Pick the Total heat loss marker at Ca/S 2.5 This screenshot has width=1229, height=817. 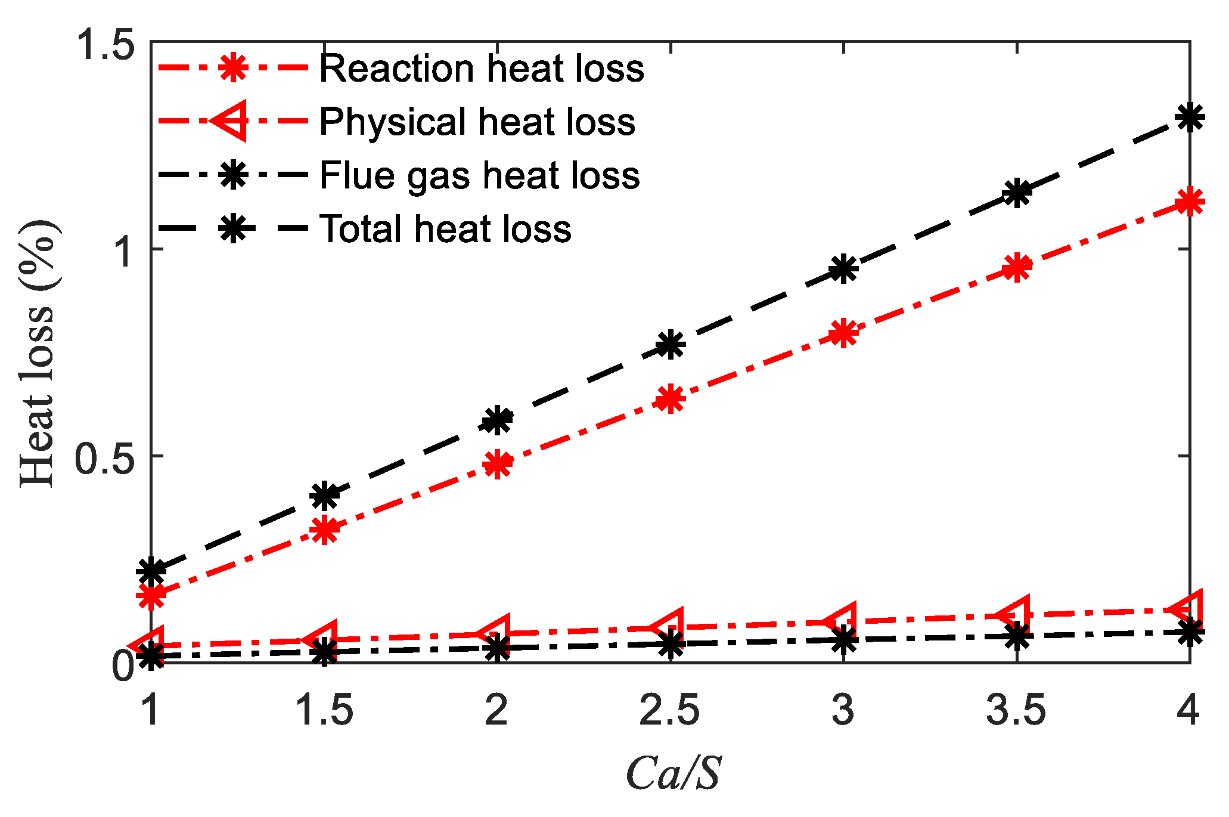(x=671, y=344)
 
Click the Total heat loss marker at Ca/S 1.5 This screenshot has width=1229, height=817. (x=325, y=495)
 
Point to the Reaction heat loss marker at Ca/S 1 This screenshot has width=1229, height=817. (x=151, y=595)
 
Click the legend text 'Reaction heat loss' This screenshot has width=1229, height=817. (x=482, y=68)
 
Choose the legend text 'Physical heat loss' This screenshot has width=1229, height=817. (x=477, y=122)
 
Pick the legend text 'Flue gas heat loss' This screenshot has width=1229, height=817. (x=479, y=175)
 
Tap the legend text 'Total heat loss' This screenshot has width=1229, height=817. (x=445, y=228)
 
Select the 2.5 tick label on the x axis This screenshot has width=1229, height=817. (x=669, y=711)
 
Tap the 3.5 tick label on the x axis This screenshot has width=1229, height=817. (x=1016, y=711)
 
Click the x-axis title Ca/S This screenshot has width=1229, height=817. (x=674, y=773)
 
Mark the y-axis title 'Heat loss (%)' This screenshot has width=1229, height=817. (x=37, y=353)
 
